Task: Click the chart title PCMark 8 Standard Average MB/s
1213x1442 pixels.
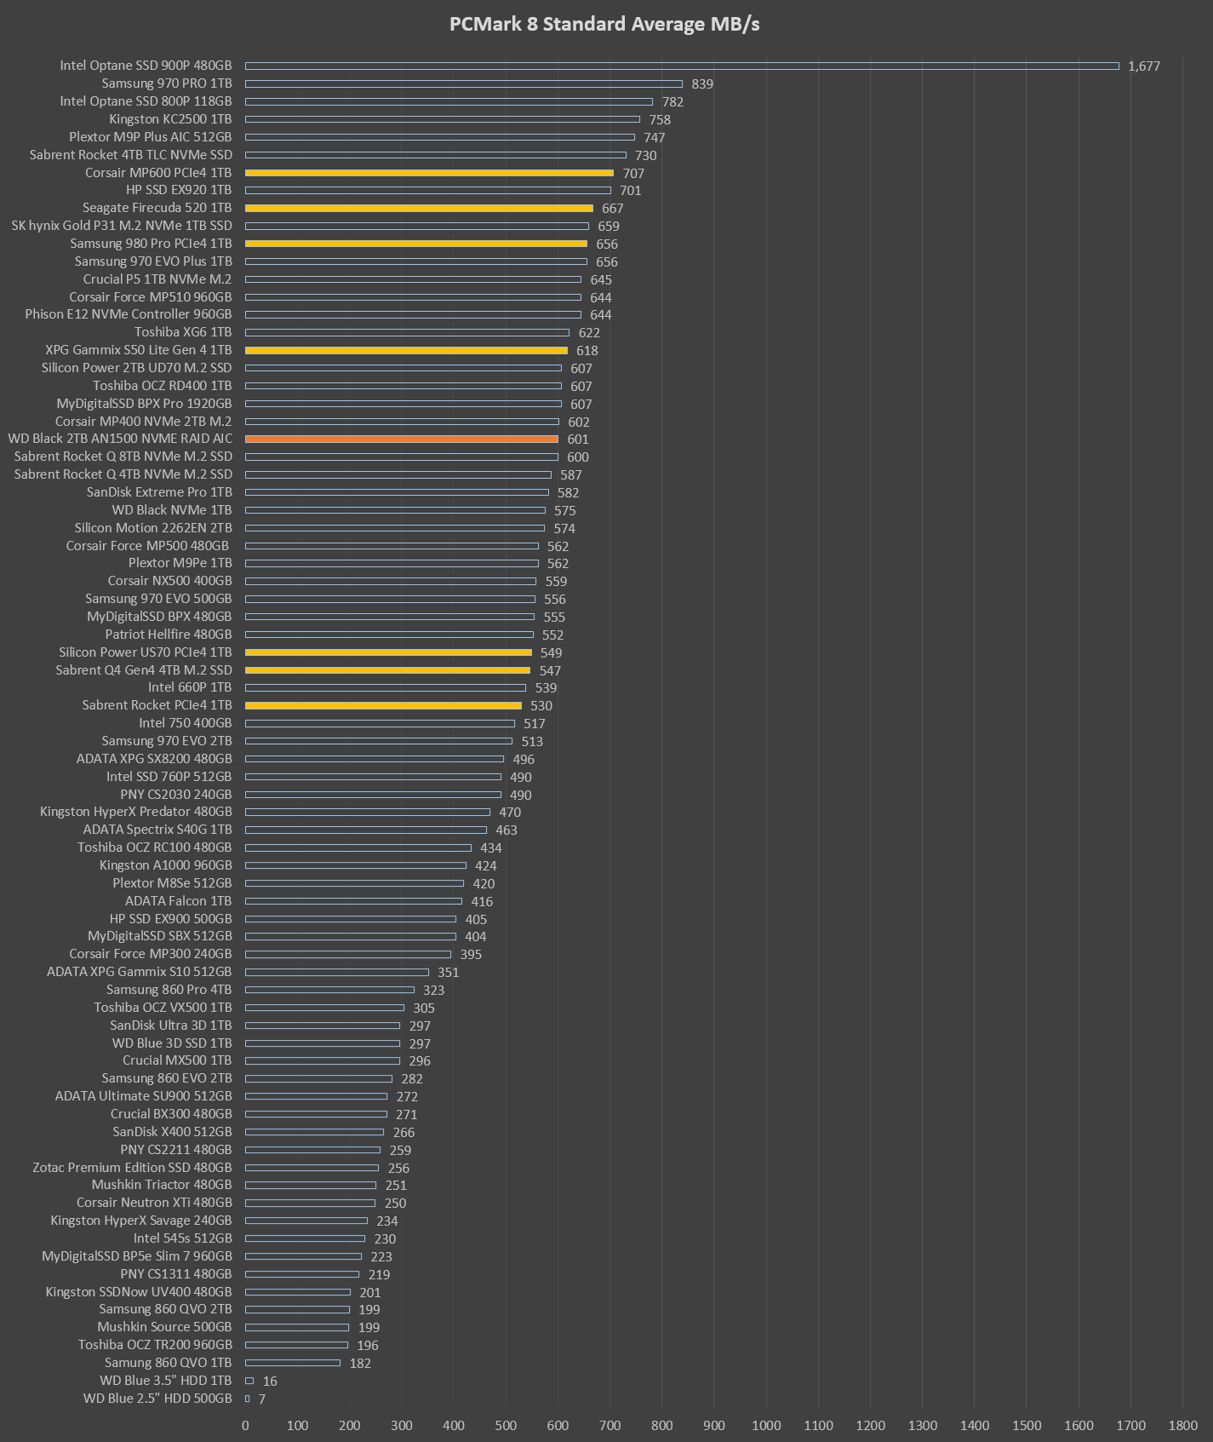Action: (604, 24)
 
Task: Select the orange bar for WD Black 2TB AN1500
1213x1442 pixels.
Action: (402, 439)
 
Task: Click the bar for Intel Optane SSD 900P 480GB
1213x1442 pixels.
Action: (681, 66)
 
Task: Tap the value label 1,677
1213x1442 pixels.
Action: (1143, 66)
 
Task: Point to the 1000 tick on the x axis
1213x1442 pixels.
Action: (766, 1425)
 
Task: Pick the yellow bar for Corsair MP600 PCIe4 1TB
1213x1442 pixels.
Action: (429, 173)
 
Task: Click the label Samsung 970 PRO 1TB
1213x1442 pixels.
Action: (166, 83)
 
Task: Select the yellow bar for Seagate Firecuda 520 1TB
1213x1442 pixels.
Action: (419, 209)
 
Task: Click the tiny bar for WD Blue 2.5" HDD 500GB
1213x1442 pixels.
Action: (248, 1399)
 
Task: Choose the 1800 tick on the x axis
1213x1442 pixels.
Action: (1182, 1425)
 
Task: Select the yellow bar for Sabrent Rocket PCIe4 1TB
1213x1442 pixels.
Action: (383, 705)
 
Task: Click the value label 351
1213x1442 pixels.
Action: (448, 973)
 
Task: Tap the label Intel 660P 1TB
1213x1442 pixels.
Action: (189, 687)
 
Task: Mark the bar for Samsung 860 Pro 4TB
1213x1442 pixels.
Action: (329, 990)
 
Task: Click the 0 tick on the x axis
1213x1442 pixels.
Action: (246, 1425)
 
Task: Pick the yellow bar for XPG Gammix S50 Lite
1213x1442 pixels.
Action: (406, 350)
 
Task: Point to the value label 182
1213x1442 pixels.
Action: (359, 1363)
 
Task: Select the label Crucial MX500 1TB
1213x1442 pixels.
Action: (176, 1060)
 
